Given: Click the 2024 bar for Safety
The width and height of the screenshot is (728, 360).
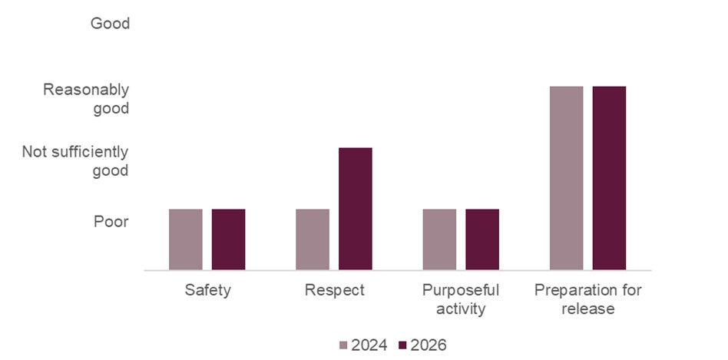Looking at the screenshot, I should pyautogui.click(x=186, y=239).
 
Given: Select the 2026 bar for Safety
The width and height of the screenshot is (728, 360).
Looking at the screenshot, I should pyautogui.click(x=228, y=239).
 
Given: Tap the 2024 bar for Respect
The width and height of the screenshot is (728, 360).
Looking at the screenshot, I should pyautogui.click(x=313, y=239).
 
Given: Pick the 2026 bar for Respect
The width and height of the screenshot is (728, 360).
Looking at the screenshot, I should pyautogui.click(x=355, y=209).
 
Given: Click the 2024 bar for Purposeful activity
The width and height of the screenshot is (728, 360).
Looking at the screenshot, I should pyautogui.click(x=439, y=239).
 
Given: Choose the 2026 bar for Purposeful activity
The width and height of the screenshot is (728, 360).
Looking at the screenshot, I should pyautogui.click(x=482, y=239).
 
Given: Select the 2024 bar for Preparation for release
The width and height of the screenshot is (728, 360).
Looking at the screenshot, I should pyautogui.click(x=567, y=178).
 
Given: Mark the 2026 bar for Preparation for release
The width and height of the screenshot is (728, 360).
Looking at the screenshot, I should pyautogui.click(x=609, y=178).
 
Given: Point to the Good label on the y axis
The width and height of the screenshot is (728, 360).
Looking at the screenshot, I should pyautogui.click(x=110, y=24).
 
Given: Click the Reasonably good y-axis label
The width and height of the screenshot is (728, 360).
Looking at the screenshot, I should pyautogui.click(x=86, y=99).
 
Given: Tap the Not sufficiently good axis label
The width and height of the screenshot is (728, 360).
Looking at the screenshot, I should pyautogui.click(x=75, y=161).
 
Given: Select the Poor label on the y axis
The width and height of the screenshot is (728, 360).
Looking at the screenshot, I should pyautogui.click(x=111, y=222).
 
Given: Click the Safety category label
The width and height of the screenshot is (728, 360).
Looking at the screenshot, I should pyautogui.click(x=207, y=291).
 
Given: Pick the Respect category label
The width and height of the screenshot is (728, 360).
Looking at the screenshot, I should pyautogui.click(x=334, y=291).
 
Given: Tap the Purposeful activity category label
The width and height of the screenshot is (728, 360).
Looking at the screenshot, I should pyautogui.click(x=461, y=299).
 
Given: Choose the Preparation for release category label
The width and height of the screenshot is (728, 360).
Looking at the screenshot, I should pyautogui.click(x=587, y=299).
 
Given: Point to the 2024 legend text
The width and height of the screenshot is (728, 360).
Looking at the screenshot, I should pyautogui.click(x=369, y=345).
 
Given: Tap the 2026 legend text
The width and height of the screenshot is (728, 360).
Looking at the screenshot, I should pyautogui.click(x=429, y=345).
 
